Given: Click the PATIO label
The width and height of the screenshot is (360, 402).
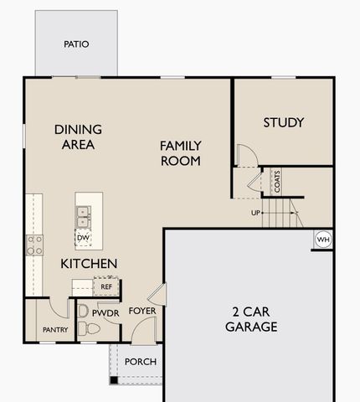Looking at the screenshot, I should click(x=76, y=44).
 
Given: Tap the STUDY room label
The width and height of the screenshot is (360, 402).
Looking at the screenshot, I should click(x=283, y=122).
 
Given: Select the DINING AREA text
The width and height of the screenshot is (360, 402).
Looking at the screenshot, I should click(x=78, y=137).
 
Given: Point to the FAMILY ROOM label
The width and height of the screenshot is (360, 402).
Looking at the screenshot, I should click(x=180, y=152).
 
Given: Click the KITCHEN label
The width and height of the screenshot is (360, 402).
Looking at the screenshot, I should click(x=89, y=263).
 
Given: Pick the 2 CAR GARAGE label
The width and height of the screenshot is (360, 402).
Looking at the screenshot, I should click(x=250, y=319).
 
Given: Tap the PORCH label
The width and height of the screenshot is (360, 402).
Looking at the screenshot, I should click(x=141, y=362).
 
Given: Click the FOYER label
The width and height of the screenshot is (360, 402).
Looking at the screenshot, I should click(x=142, y=312).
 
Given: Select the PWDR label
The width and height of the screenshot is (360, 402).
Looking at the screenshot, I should click(x=106, y=312).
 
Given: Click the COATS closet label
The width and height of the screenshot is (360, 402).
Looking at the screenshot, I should click(x=276, y=181).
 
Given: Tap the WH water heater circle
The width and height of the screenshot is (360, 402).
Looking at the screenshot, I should click(x=323, y=240).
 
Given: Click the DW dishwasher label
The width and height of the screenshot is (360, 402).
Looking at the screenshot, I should click(x=82, y=238).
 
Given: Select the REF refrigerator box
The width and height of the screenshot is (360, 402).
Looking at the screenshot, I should click(x=106, y=286).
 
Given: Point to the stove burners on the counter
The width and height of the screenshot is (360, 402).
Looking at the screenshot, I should click(x=35, y=244).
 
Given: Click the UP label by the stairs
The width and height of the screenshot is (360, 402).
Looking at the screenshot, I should click(x=255, y=213).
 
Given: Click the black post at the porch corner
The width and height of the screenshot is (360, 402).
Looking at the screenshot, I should click(x=113, y=382).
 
